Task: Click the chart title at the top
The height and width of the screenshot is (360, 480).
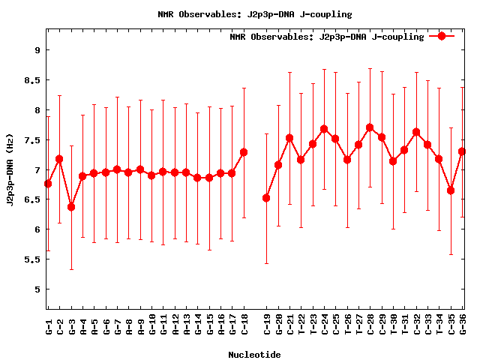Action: pos(255,14)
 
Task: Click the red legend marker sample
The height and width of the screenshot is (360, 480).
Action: pos(442,36)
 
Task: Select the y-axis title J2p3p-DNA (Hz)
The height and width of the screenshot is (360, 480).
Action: pos(10,169)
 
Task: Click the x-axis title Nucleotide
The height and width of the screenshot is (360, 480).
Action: pos(254,355)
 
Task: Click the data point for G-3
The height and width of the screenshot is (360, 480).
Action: pos(71,207)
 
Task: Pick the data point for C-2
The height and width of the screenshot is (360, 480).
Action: pos(59,159)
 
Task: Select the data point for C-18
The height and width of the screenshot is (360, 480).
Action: pos(244,152)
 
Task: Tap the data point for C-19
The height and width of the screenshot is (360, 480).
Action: pos(266,198)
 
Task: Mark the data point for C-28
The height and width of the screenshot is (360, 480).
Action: pos(370,127)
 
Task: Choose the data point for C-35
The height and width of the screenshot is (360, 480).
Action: pos(451,190)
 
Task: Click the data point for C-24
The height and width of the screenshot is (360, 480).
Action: pos(324,129)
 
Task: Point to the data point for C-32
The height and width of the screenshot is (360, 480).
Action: pos(416,132)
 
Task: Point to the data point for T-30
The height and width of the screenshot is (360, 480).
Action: pos(393,161)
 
